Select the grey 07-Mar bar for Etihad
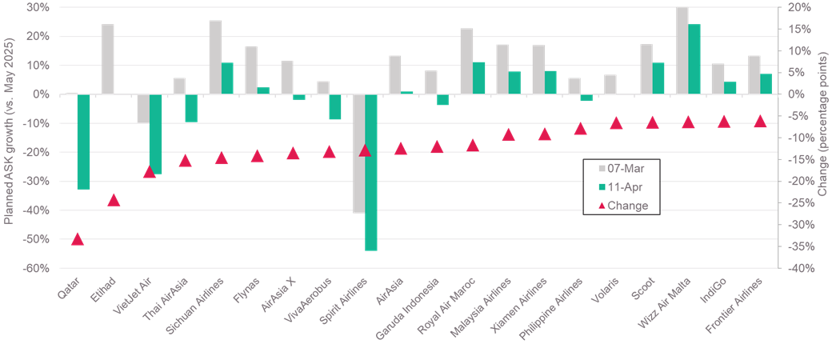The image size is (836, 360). pos(107,58)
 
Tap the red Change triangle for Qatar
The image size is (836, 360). pos(78,238)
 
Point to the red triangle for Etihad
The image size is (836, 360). pos(114,199)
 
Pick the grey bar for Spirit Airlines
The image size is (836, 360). pos(358,154)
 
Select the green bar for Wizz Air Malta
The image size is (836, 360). pos(694,58)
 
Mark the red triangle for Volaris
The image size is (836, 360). pos(616,122)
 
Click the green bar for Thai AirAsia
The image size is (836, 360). pos(191,108)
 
